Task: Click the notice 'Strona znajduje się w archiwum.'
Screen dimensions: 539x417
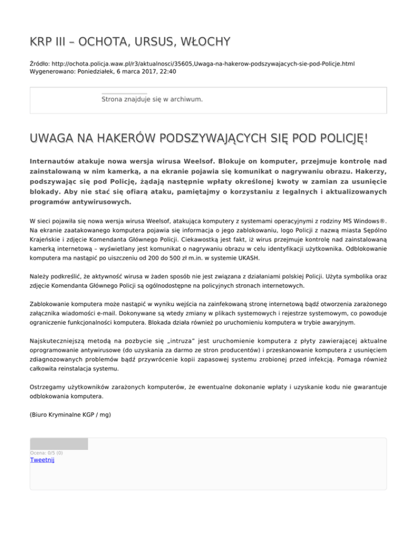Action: point(152,99)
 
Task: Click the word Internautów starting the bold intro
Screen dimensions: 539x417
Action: point(56,162)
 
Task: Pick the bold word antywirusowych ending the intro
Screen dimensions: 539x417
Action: point(98,202)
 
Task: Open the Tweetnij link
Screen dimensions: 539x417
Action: point(42,460)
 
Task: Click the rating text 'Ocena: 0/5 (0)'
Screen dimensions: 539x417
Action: point(46,453)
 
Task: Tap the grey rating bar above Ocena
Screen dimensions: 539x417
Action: point(59,444)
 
